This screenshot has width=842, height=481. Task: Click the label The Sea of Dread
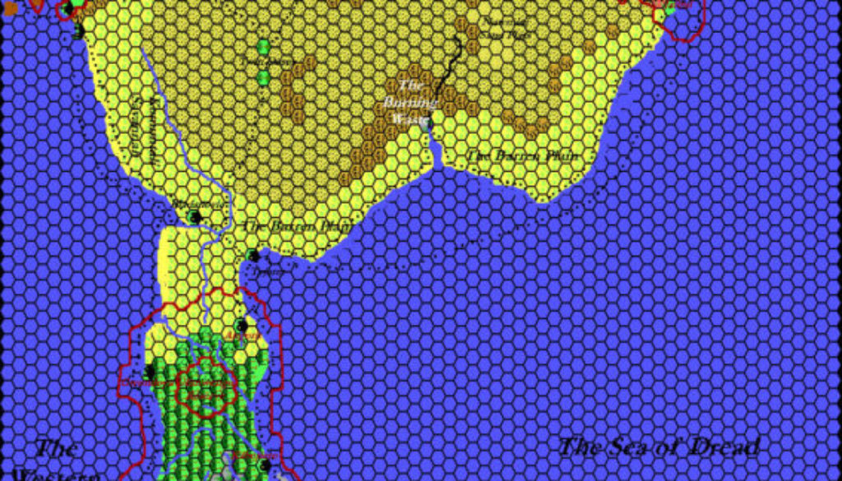(x=659, y=447)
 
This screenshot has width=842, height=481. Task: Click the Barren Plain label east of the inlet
(x=524, y=155)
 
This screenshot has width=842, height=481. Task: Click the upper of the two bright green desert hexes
(x=264, y=46)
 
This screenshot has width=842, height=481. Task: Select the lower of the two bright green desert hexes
(x=264, y=78)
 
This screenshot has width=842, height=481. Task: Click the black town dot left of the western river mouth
(x=195, y=217)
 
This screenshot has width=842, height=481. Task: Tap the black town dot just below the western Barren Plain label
(x=253, y=256)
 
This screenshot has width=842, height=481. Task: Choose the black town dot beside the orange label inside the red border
(x=241, y=325)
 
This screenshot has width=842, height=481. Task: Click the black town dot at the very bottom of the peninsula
(x=265, y=465)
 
